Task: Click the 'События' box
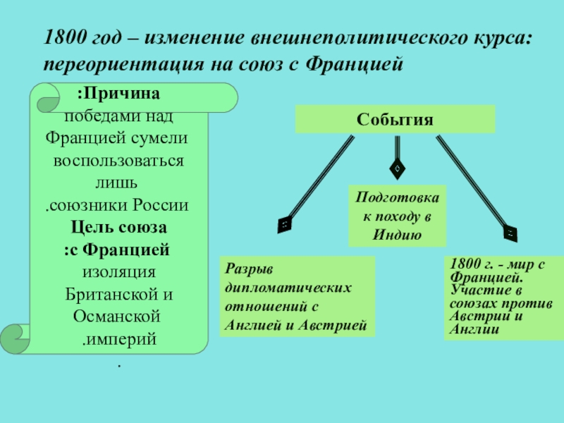395,119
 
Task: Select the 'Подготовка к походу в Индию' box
398,216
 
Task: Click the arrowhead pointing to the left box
285,223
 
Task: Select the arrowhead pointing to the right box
510,231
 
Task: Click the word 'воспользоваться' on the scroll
118,160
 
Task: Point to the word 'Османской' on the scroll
118,317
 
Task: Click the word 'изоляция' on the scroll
118,272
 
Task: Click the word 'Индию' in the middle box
398,234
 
